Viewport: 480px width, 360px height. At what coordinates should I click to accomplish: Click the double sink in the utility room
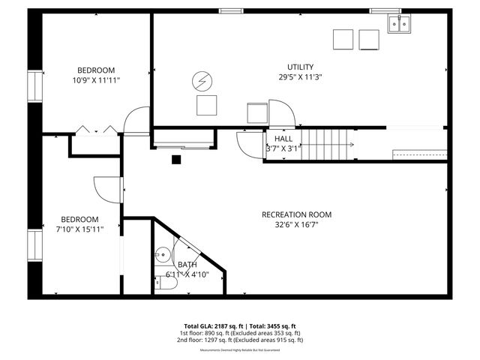pyautogui.click(x=398, y=25)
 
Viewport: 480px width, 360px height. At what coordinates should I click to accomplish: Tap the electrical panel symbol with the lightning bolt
pyautogui.click(x=202, y=79)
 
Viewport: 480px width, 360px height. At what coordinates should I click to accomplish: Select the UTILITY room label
pyautogui.click(x=300, y=67)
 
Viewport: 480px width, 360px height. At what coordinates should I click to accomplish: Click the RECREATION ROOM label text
pyautogui.click(x=296, y=214)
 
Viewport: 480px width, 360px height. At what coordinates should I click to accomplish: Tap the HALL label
pyautogui.click(x=283, y=139)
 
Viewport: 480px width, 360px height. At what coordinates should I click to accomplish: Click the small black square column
pyautogui.click(x=177, y=158)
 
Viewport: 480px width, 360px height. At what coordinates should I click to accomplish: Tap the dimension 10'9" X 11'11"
pyautogui.click(x=95, y=79)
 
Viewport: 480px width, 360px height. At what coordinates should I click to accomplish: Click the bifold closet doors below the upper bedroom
pyautogui.click(x=95, y=130)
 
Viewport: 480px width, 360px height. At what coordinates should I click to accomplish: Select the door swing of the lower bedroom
pyautogui.click(x=106, y=188)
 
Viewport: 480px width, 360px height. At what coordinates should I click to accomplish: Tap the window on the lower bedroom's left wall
pyautogui.click(x=34, y=246)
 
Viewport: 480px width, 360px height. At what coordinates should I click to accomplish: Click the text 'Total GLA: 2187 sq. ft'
pyautogui.click(x=213, y=326)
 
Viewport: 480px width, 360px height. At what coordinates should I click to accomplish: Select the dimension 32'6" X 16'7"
pyautogui.click(x=296, y=224)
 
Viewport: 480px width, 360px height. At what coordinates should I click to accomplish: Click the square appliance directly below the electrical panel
pyautogui.click(x=206, y=105)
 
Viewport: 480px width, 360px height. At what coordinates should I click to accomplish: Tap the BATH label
pyautogui.click(x=187, y=265)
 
